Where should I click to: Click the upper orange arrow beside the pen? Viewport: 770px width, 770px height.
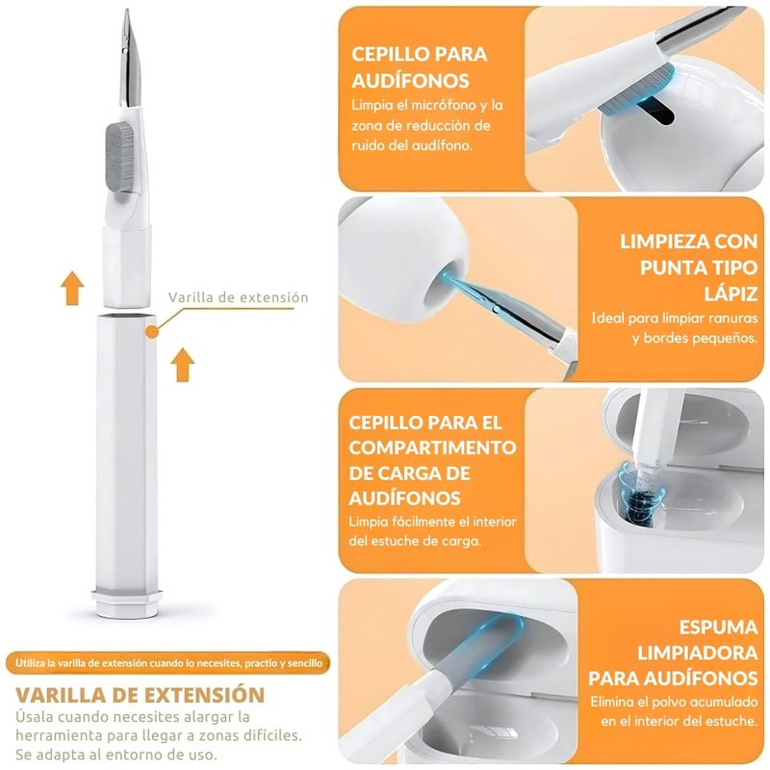point(72,288)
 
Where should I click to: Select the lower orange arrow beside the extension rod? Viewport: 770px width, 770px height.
point(183,365)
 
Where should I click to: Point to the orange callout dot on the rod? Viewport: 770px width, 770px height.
point(152,332)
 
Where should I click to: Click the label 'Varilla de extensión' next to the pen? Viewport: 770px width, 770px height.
point(238,297)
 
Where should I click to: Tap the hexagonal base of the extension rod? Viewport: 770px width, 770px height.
point(126,603)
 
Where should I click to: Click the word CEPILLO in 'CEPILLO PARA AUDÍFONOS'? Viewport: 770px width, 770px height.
point(386,54)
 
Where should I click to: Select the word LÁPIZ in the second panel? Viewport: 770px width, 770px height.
point(731,294)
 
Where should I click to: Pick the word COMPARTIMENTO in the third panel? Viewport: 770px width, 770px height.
point(432,448)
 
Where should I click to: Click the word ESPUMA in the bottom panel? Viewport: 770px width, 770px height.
point(718,628)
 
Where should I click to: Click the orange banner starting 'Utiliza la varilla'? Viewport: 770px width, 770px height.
point(167,663)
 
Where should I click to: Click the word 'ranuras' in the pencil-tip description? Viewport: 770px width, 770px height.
point(733,319)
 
